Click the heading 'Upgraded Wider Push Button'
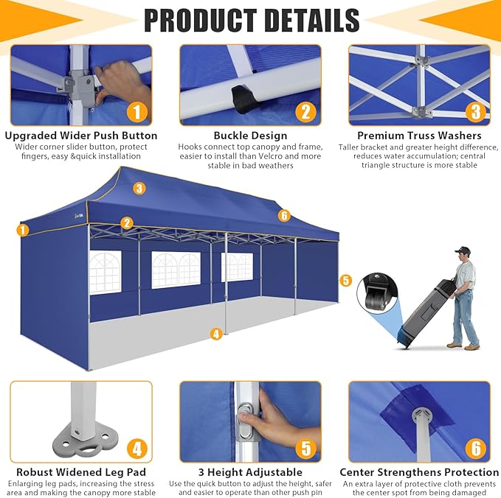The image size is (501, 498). pyautogui.click(x=81, y=136)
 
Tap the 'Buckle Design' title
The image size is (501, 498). pyautogui.click(x=251, y=136)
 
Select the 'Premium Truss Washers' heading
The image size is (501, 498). pyautogui.click(x=419, y=136)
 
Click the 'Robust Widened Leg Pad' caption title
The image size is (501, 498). pyautogui.click(x=81, y=472)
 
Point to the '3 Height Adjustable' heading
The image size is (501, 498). pyautogui.click(x=251, y=472)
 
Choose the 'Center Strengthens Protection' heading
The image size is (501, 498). pyautogui.click(x=419, y=472)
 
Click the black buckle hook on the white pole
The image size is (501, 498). pyautogui.click(x=242, y=98)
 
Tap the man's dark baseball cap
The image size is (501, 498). pyautogui.click(x=463, y=250)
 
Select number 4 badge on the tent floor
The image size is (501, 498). pyautogui.click(x=216, y=334)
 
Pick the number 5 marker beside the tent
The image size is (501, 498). pyautogui.click(x=345, y=281)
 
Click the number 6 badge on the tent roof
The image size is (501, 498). pyautogui.click(x=284, y=216)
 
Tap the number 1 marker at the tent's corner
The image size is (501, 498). pyautogui.click(x=23, y=230)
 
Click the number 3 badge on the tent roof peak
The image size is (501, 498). pyautogui.click(x=139, y=189)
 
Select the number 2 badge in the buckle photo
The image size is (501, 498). pyautogui.click(x=305, y=112)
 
